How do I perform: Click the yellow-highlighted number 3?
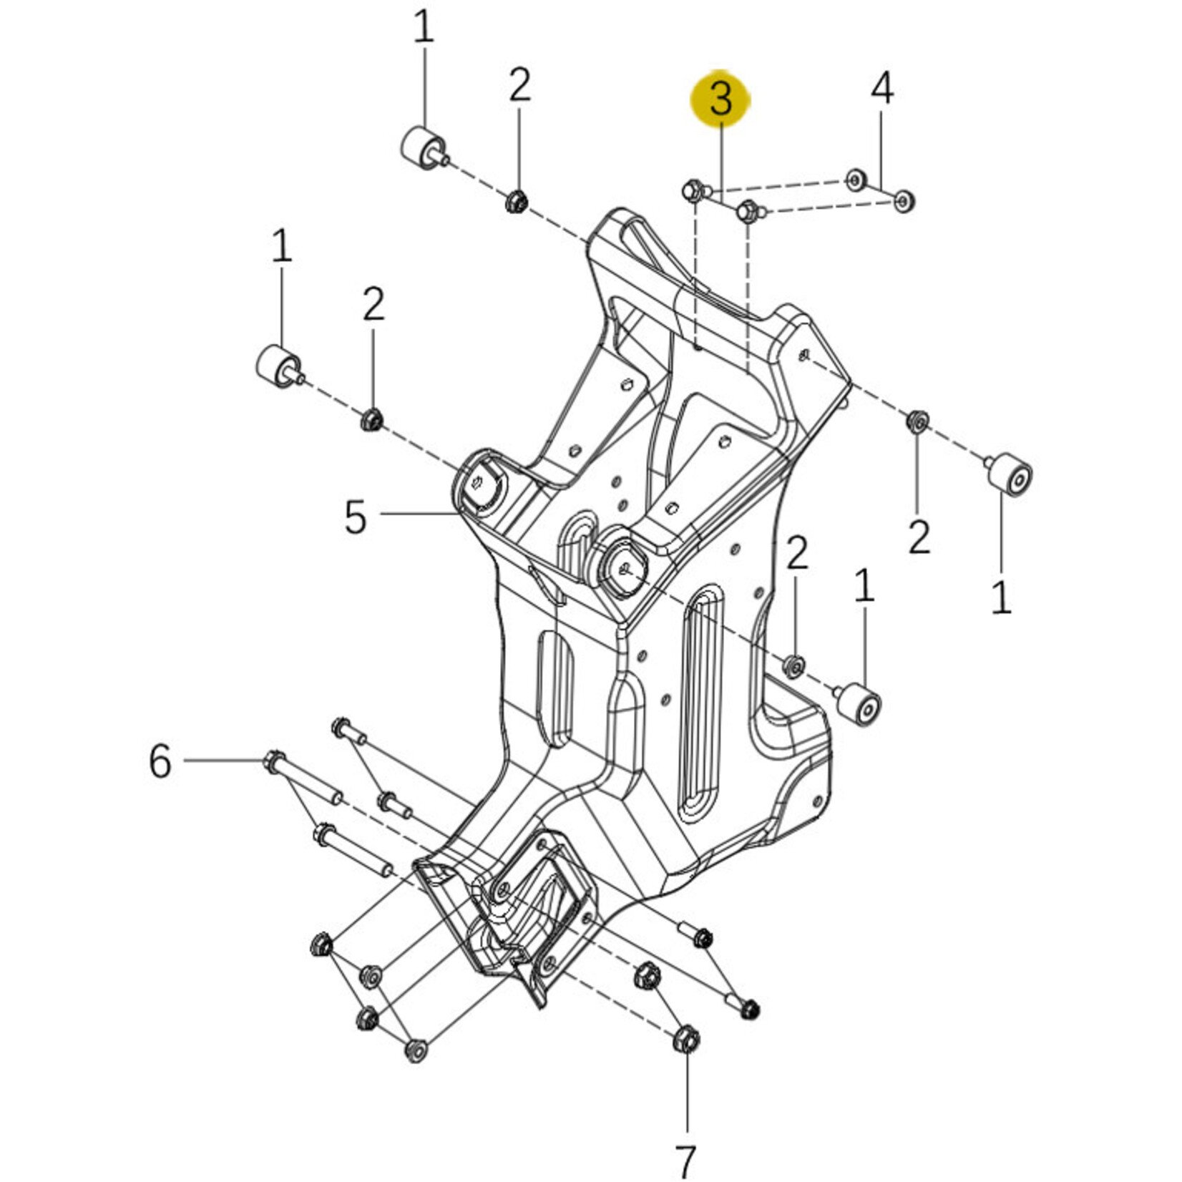tap(720, 99)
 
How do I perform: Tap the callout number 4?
tap(881, 89)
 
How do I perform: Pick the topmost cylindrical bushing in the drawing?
tap(421, 147)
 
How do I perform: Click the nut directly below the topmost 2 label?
tap(515, 202)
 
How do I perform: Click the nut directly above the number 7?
tap(686, 1039)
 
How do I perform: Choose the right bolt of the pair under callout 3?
tap(747, 212)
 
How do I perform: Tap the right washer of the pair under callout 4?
tap(904, 201)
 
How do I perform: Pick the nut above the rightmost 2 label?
tap(917, 421)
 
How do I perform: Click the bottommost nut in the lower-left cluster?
tap(414, 1050)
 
